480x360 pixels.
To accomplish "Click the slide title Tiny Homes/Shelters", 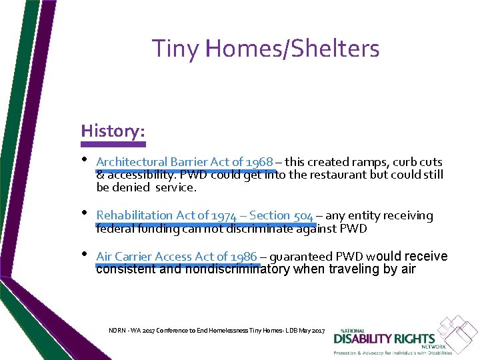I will click(x=265, y=49).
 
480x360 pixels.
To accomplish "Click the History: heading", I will click(x=113, y=131).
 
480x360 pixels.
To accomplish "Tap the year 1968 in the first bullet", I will click(x=259, y=162).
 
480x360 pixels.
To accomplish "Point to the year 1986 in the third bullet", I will click(x=243, y=257).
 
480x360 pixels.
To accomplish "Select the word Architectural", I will click(x=131, y=162).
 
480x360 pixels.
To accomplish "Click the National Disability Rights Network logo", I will click(x=401, y=337).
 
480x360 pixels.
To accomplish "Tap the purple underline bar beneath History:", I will click(x=113, y=143).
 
